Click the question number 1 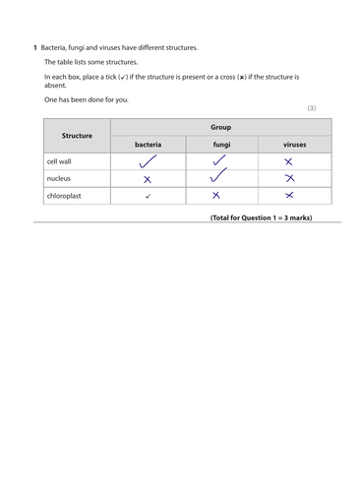(x=35, y=47)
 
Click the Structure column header (x=77, y=136)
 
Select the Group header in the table (x=220, y=127)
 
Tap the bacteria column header (x=148, y=145)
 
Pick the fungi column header (x=221, y=145)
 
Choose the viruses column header (x=294, y=145)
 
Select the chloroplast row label (x=65, y=195)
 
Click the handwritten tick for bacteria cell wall (x=148, y=161)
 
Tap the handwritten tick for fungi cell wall (x=221, y=160)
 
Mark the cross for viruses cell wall (x=288, y=161)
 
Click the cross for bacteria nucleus (x=148, y=179)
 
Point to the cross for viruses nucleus (x=289, y=178)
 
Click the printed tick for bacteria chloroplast (x=148, y=196)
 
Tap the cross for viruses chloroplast (x=288, y=195)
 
